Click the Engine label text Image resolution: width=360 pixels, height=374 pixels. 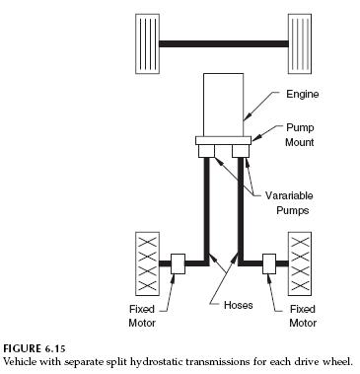[303, 96]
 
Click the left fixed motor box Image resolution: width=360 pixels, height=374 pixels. [180, 263]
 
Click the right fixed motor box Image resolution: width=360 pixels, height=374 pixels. [269, 263]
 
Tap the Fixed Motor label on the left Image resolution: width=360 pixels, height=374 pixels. [141, 315]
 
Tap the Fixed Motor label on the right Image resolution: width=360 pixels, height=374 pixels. [304, 315]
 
